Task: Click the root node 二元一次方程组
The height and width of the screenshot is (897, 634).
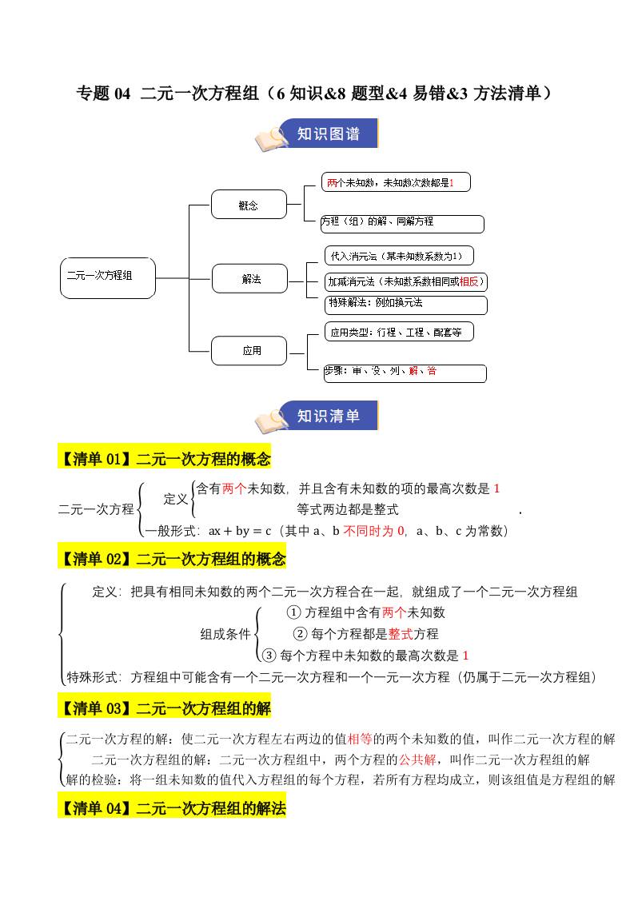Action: (108, 277)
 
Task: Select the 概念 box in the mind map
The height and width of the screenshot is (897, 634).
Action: (249, 205)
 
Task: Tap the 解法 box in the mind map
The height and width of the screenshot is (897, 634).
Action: (250, 279)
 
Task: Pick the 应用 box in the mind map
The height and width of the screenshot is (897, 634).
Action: (251, 350)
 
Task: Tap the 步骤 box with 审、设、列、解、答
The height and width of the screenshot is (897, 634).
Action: (405, 372)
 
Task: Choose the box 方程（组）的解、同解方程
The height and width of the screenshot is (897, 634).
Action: (402, 223)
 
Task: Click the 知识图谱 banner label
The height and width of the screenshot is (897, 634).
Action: (328, 134)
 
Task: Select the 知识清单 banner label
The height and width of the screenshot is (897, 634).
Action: (328, 416)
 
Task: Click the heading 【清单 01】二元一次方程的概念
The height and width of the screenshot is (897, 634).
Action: (165, 459)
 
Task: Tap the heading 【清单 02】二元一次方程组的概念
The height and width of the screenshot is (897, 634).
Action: (172, 559)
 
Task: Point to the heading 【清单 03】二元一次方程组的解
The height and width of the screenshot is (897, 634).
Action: (165, 708)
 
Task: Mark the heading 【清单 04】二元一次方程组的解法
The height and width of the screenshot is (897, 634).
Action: (172, 808)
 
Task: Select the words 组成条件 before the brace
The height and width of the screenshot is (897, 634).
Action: (225, 634)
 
